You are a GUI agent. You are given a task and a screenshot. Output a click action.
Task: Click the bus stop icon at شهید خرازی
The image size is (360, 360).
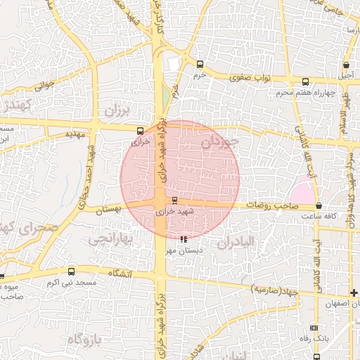click(x=175, y=200)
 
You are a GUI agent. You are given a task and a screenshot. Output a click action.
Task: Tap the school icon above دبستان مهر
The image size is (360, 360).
click(x=184, y=239)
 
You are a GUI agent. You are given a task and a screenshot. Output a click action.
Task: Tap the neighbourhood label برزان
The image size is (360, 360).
click(x=117, y=110)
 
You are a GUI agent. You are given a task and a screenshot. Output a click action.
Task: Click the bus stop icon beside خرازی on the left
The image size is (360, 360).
click(x=141, y=130)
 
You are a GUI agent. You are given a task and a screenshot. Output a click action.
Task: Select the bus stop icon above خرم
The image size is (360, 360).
click(x=200, y=64)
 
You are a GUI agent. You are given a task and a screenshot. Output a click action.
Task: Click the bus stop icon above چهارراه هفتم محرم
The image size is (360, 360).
click(x=306, y=81)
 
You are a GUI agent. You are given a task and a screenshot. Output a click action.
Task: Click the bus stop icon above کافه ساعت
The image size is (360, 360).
click(x=320, y=206)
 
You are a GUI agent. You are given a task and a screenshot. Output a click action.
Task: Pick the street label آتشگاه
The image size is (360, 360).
click(x=120, y=273)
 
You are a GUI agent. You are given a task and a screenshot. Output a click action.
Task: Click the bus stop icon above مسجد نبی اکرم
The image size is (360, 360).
click(x=70, y=271)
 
